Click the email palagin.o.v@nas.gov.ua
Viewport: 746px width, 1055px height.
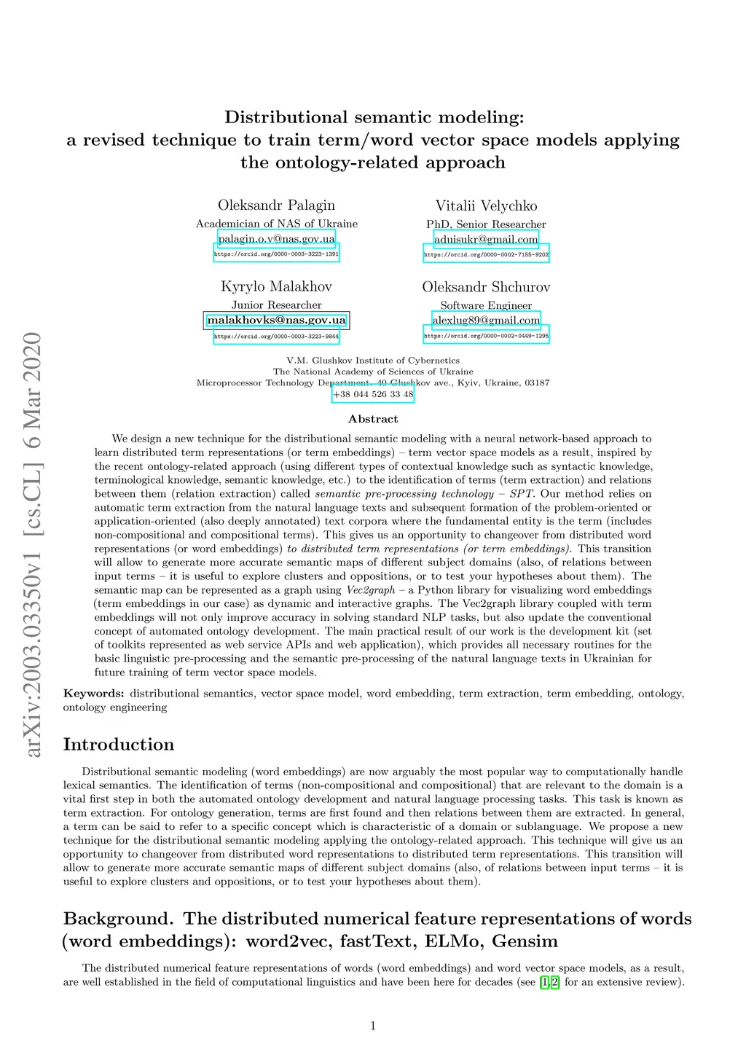[x=277, y=239]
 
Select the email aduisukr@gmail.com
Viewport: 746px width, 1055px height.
[x=486, y=239]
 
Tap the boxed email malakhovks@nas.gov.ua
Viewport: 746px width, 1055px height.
[x=276, y=320]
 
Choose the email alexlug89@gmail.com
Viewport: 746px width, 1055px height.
[x=486, y=320]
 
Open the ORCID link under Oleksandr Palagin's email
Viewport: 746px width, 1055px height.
[x=276, y=254]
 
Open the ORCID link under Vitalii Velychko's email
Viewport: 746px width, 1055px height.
[x=486, y=254]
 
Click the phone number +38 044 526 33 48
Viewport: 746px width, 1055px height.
[x=373, y=394]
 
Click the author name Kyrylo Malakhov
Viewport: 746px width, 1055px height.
[x=276, y=286]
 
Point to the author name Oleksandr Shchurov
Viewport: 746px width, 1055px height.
[x=486, y=287]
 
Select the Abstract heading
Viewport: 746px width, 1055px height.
[x=373, y=419]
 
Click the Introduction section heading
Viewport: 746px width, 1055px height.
[x=119, y=744]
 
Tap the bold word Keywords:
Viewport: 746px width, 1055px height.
[x=93, y=694]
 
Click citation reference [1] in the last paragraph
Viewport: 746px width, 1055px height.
[x=544, y=982]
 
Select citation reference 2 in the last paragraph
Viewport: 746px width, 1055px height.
[x=554, y=982]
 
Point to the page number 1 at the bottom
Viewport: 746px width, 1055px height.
[x=373, y=1026]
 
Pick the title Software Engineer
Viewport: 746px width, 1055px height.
[x=486, y=305]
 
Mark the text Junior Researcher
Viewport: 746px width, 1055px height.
[x=276, y=305]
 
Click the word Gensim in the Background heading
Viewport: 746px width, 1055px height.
[x=525, y=941]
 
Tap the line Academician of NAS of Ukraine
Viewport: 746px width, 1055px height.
[x=277, y=224]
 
